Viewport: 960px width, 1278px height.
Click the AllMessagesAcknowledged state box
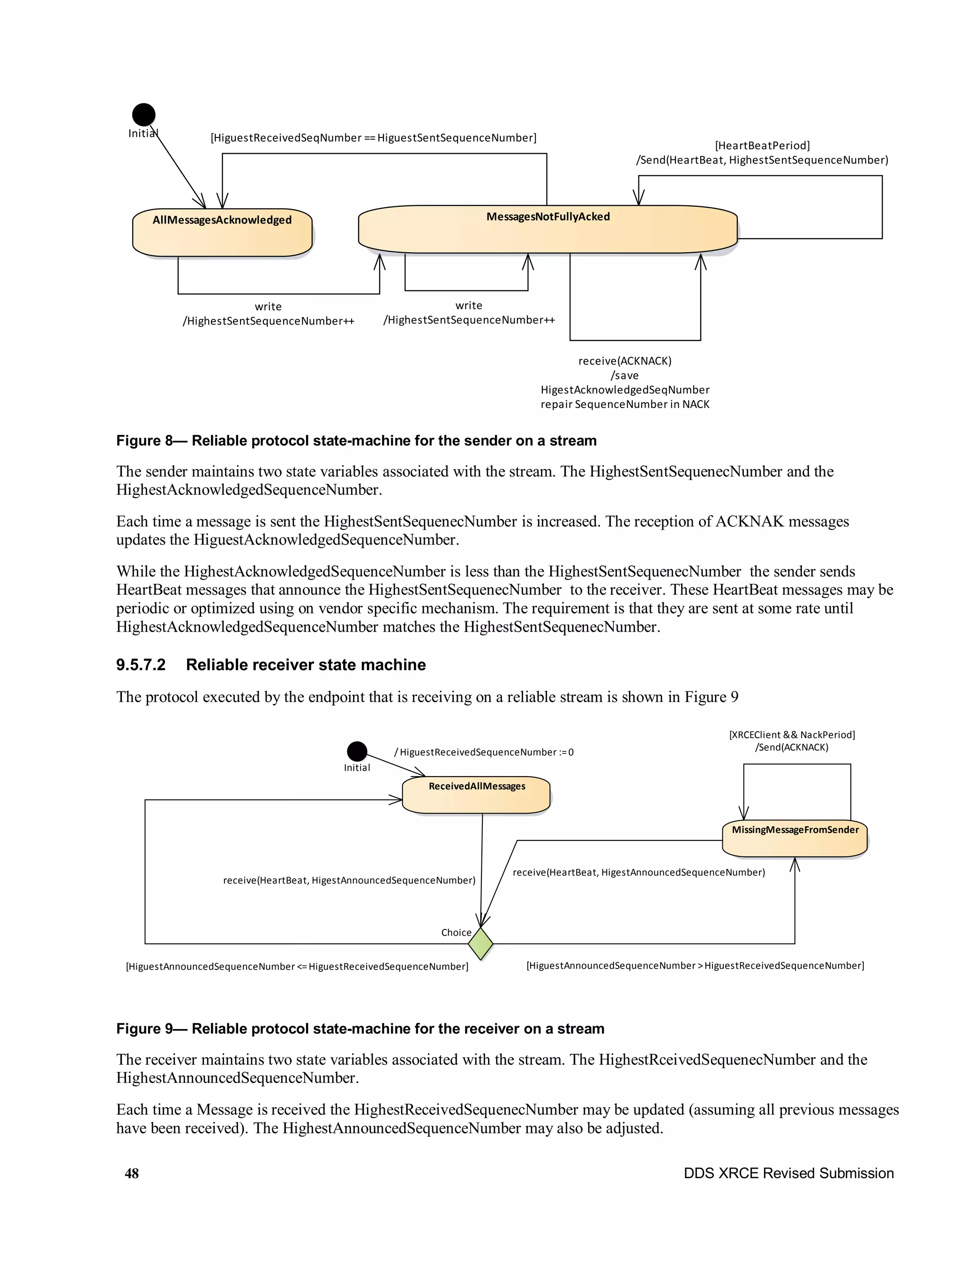click(222, 232)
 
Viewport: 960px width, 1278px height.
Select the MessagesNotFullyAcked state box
click(547, 229)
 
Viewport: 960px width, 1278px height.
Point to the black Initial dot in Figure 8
click(144, 114)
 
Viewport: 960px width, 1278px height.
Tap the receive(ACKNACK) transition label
click(624, 361)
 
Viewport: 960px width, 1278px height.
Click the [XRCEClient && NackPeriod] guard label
click(791, 734)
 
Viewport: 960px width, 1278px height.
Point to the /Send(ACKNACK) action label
click(791, 747)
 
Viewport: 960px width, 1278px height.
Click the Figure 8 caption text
click(356, 440)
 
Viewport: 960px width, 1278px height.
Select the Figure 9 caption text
click(360, 1028)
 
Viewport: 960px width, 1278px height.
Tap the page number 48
click(132, 1173)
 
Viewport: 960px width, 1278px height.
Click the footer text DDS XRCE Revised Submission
click(788, 1173)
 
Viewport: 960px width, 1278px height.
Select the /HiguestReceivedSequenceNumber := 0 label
click(483, 752)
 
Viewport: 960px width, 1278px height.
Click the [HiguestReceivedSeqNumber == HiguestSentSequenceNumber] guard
click(373, 137)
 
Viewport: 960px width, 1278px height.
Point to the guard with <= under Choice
click(297, 966)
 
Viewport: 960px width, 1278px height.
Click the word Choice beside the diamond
click(456, 932)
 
